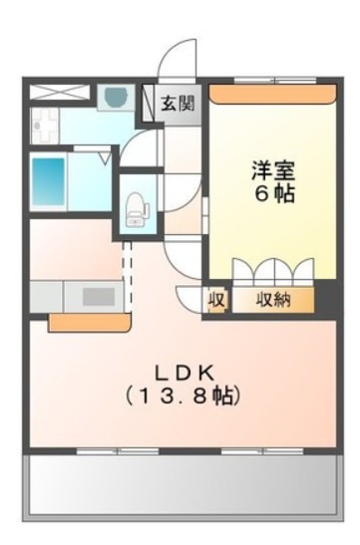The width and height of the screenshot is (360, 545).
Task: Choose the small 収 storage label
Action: [x=215, y=299]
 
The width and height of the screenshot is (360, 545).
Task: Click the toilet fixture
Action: [x=137, y=207]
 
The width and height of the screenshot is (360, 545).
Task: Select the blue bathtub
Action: [x=47, y=181]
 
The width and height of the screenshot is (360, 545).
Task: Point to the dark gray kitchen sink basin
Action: [x=99, y=296]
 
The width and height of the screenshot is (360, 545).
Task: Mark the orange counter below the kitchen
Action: [x=90, y=323]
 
